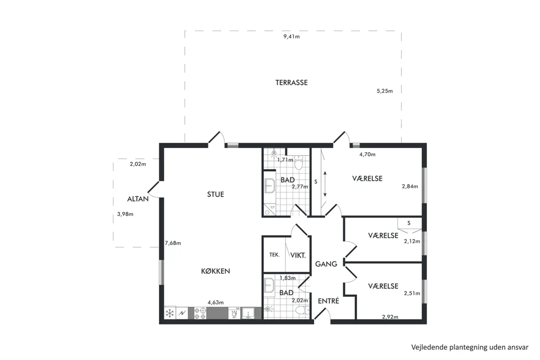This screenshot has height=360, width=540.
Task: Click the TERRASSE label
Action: pyautogui.click(x=292, y=83)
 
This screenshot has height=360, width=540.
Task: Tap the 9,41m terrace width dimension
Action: pyautogui.click(x=292, y=37)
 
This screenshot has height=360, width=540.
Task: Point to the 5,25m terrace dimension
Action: pyautogui.click(x=385, y=91)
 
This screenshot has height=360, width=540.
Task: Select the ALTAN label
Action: pyautogui.click(x=138, y=199)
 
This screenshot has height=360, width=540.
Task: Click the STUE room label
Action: pyautogui.click(x=215, y=194)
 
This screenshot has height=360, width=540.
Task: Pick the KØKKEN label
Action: pyautogui.click(x=215, y=271)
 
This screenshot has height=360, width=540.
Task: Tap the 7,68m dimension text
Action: pyautogui.click(x=173, y=243)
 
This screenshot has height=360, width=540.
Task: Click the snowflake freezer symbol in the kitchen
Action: pyautogui.click(x=170, y=313)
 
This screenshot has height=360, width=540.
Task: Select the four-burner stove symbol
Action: pyautogui.click(x=200, y=313)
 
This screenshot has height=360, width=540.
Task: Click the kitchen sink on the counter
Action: pyautogui.click(x=248, y=313)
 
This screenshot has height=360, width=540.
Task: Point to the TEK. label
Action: pyautogui.click(x=275, y=255)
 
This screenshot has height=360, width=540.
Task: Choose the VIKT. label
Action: pyautogui.click(x=298, y=255)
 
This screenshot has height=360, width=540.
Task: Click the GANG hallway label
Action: pyautogui.click(x=326, y=264)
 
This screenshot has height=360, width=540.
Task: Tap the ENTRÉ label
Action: pyautogui.click(x=329, y=301)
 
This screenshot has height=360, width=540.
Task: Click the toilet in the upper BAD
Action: pyautogui.click(x=298, y=163)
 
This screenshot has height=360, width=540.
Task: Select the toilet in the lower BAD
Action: pyautogui.click(x=302, y=310)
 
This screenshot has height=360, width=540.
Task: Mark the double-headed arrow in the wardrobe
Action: pyautogui.click(x=325, y=184)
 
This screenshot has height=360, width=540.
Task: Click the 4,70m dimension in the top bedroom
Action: pyautogui.click(x=368, y=154)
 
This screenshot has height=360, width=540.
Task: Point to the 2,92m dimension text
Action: pyautogui.click(x=390, y=317)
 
